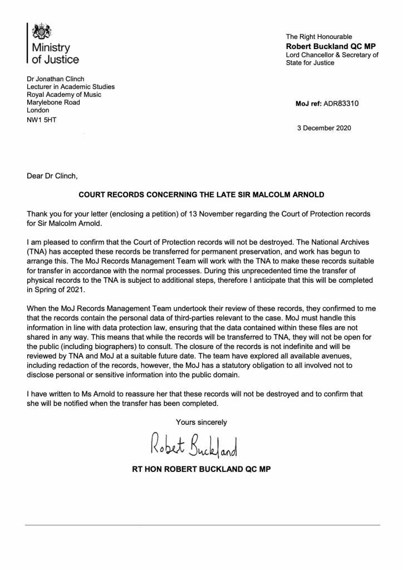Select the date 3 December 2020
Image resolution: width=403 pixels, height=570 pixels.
[326, 127]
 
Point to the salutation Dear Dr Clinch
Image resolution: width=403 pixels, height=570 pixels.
[53, 176]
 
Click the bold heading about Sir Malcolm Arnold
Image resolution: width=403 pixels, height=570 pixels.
[201, 195]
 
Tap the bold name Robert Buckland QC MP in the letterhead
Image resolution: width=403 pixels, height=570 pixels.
[325, 46]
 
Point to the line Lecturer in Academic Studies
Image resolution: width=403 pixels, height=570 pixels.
[71, 87]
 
